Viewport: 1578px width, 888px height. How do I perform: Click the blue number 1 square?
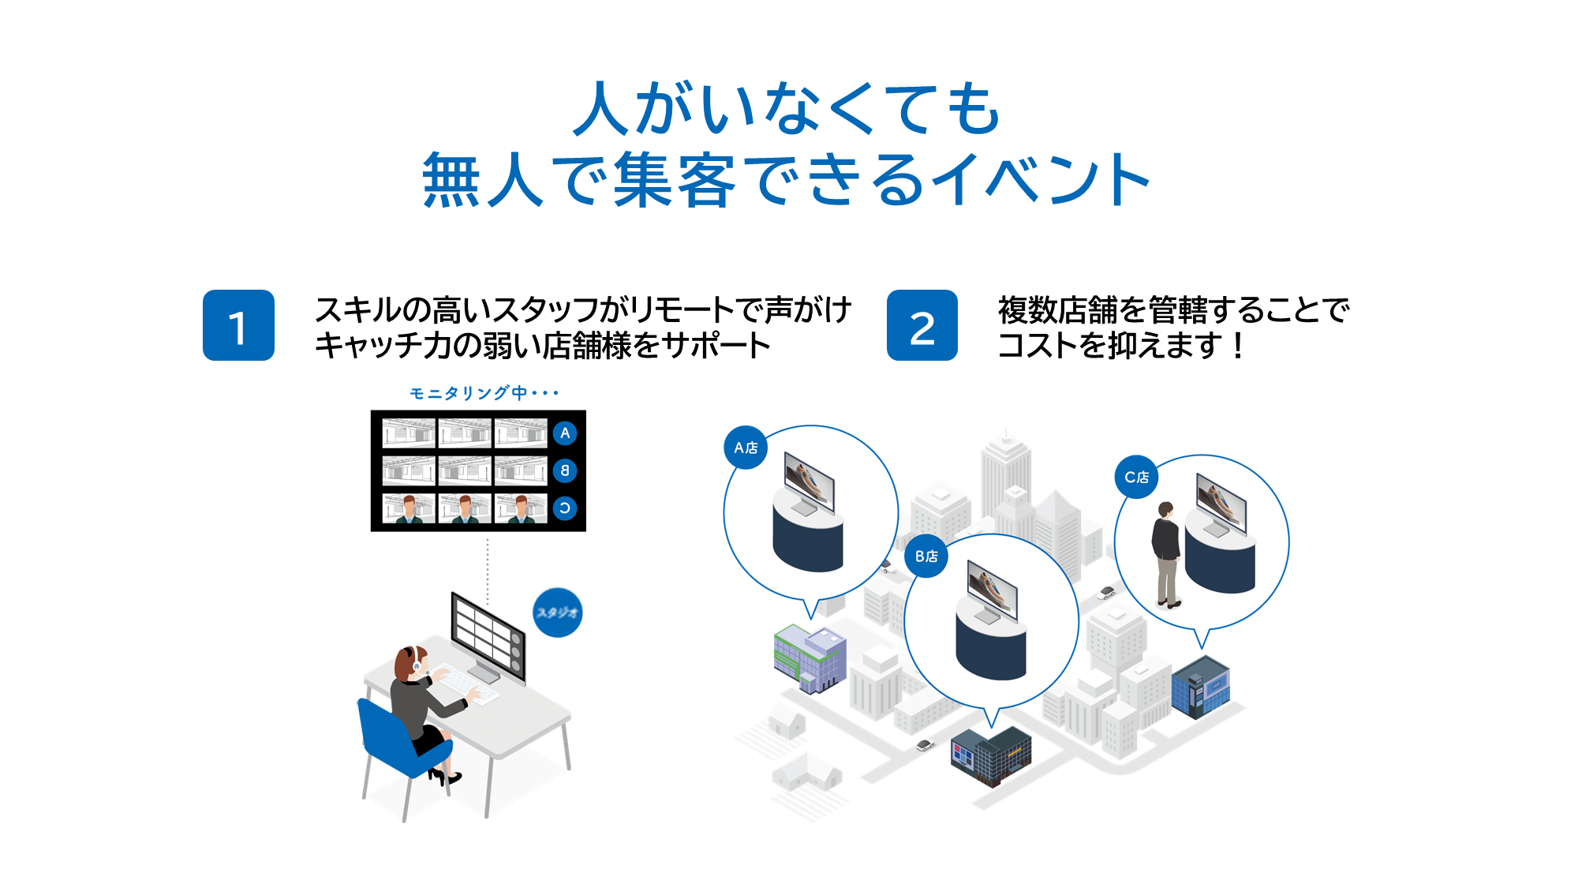(x=238, y=325)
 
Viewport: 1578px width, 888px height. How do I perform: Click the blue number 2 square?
(x=922, y=325)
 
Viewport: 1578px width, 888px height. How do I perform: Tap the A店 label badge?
(x=746, y=448)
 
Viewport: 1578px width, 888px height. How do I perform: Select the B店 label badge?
(x=926, y=556)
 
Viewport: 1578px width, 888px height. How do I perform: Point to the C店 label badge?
(x=1136, y=477)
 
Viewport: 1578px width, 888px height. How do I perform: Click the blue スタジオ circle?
(x=558, y=613)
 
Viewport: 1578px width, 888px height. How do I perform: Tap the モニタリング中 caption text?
(x=484, y=393)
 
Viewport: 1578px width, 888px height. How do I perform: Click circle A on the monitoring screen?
(x=565, y=433)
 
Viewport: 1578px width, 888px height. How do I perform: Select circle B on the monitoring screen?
(x=565, y=470)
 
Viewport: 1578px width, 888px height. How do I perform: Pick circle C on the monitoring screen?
(x=565, y=508)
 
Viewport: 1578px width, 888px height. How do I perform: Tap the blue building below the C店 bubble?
(x=1200, y=687)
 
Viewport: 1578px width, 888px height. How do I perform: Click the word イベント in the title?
(x=1041, y=180)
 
